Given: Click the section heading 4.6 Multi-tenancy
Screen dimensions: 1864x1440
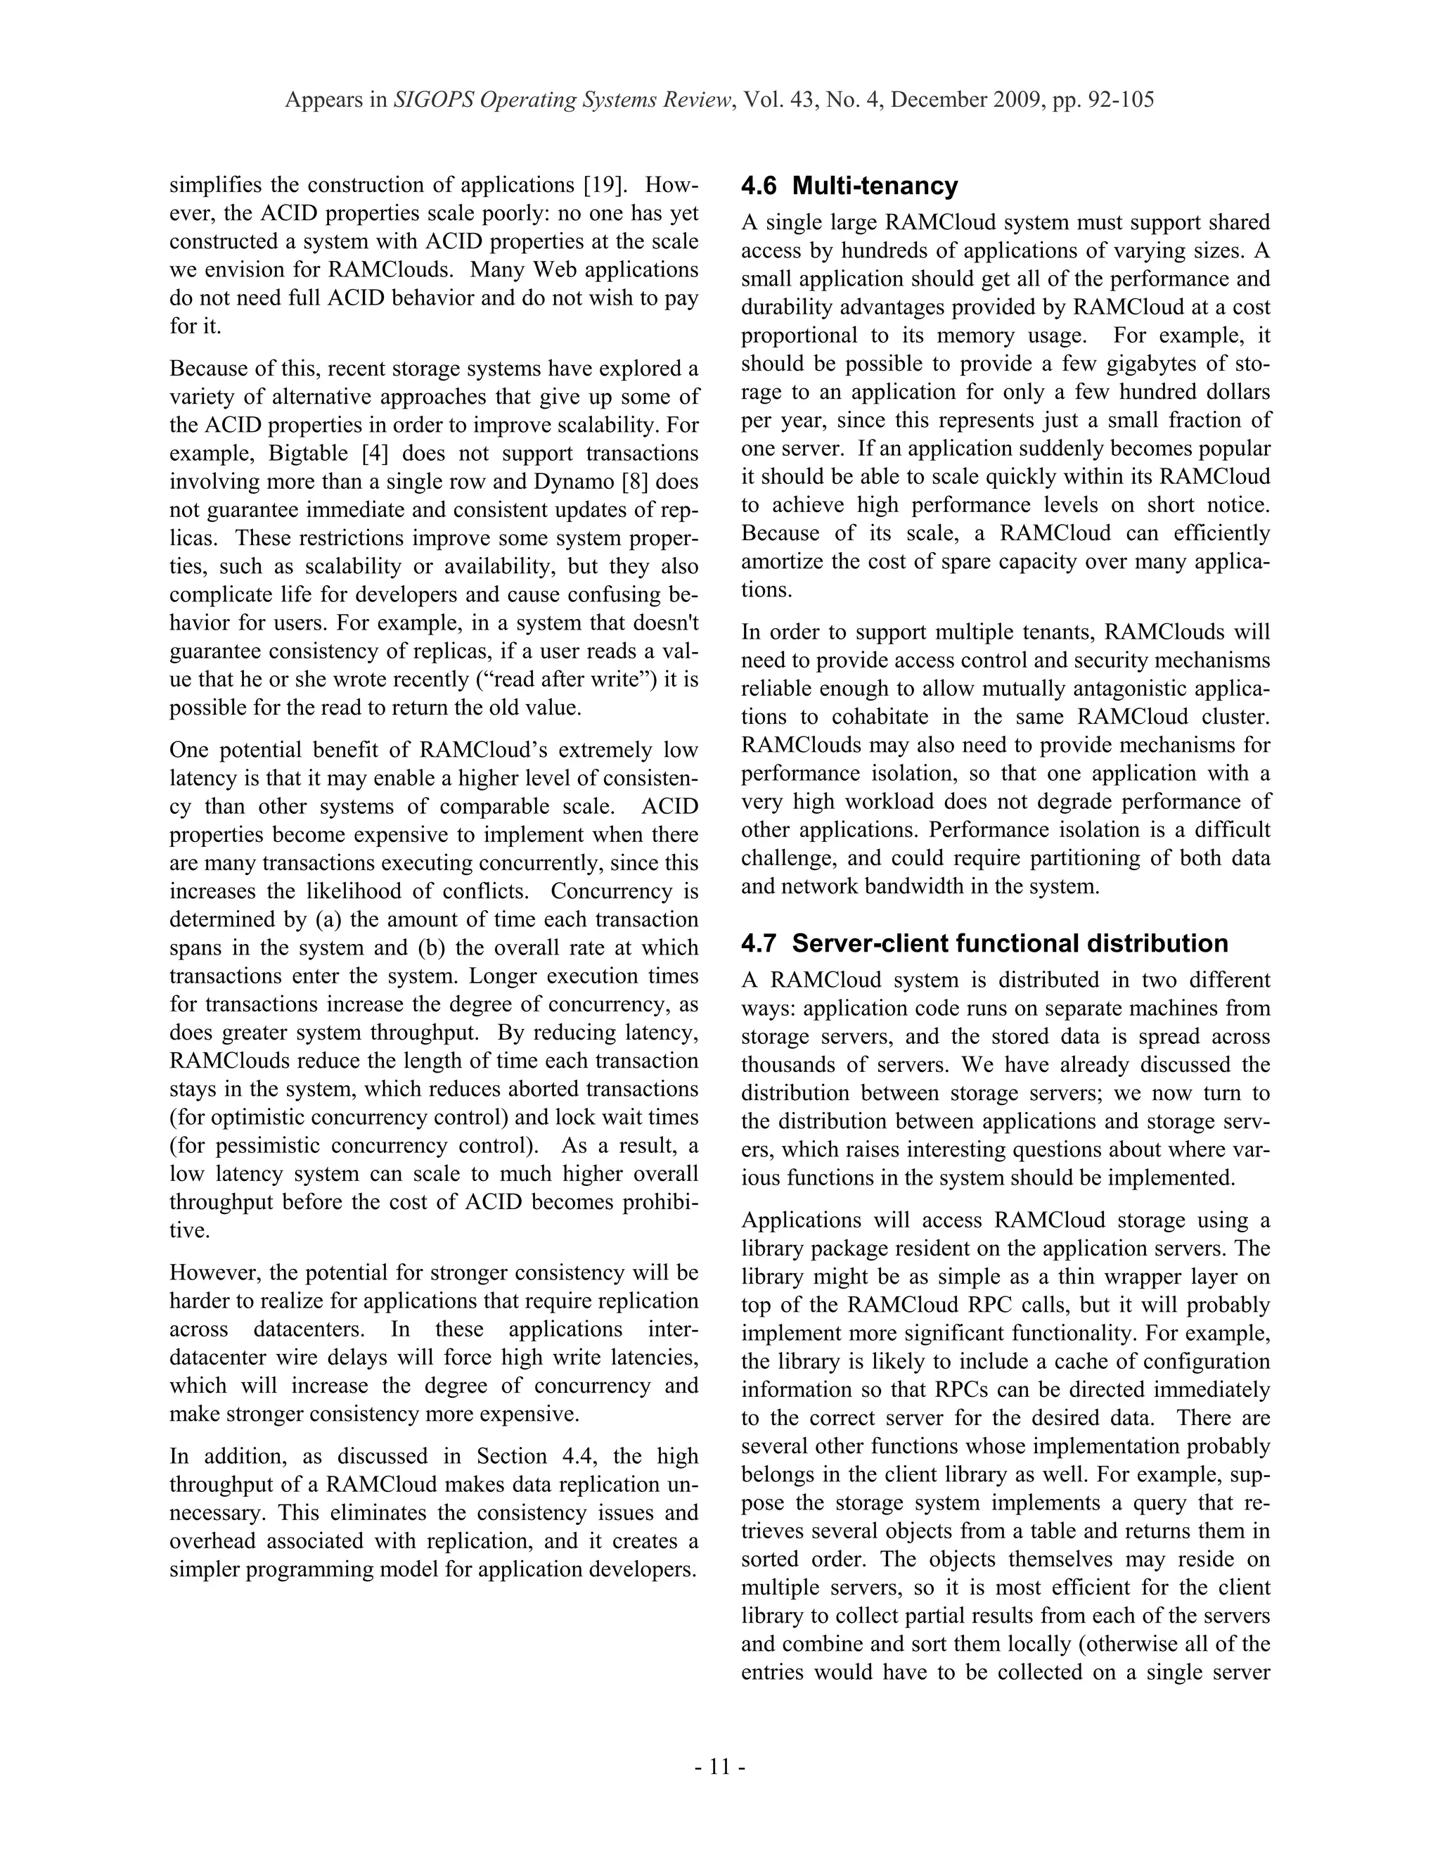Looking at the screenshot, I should tap(849, 186).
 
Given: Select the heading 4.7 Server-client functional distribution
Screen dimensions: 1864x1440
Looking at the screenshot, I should tap(984, 943).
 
